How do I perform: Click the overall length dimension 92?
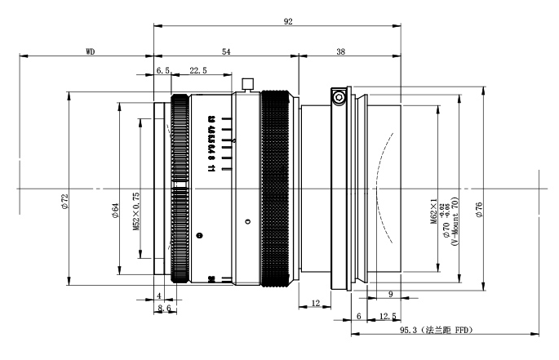288,22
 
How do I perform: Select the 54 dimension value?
226,51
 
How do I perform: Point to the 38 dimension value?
340,51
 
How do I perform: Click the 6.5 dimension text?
163,71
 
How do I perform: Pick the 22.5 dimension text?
197,71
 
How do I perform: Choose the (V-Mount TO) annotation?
455,217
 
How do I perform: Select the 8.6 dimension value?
164,308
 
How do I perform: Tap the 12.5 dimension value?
388,316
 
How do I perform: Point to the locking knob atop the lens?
247,82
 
